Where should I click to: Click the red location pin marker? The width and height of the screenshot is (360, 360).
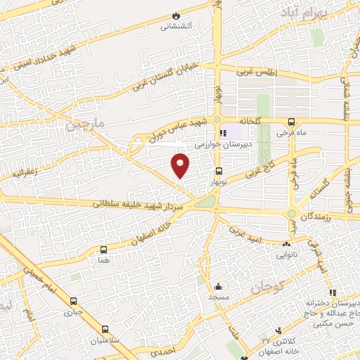[181, 165]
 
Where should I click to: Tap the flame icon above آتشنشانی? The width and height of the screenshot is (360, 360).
[176, 15]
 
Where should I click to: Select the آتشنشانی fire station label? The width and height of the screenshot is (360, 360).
[176, 27]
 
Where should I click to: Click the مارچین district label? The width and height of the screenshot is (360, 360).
[84, 125]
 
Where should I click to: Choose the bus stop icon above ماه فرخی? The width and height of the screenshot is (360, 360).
[291, 121]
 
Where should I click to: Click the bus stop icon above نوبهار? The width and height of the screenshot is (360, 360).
[218, 171]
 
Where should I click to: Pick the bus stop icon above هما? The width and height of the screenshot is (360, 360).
[104, 250]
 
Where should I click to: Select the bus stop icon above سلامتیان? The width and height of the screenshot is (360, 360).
[104, 329]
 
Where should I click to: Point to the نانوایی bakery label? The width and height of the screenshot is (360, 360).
[285, 254]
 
